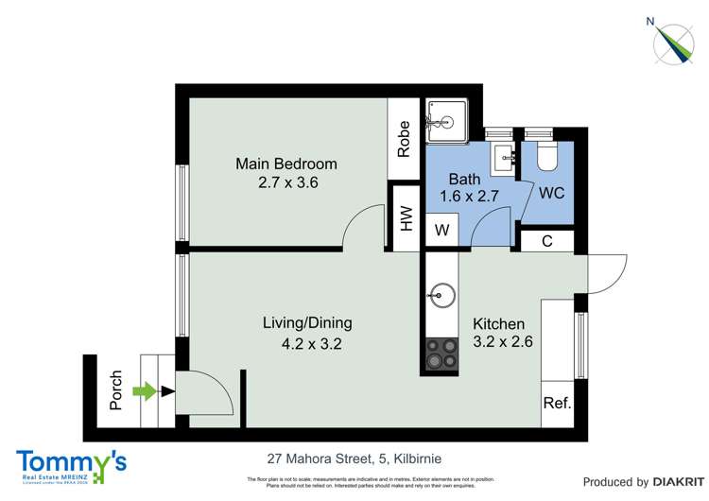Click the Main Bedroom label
285,164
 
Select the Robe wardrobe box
405,138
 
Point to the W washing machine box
441,230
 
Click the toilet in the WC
547,155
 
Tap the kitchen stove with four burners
441,354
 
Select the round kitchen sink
441,294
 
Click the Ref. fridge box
557,403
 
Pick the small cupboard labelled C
547,240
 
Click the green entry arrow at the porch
145,390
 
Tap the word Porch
116,389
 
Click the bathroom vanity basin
502,156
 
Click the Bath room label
464,179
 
